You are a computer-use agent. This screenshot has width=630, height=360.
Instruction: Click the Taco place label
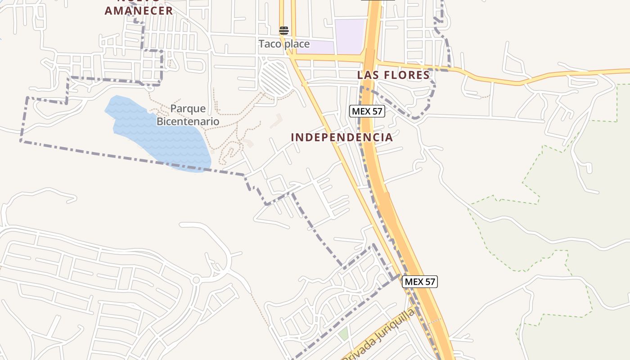(x=284, y=44)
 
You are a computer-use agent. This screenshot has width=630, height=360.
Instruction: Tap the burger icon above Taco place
(x=284, y=31)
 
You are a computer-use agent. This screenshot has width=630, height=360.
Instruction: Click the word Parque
(x=188, y=108)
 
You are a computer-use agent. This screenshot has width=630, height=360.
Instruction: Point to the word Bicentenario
(x=188, y=121)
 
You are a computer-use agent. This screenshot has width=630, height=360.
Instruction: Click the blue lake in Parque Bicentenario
(x=157, y=135)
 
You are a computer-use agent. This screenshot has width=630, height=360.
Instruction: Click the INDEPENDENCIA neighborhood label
(x=342, y=137)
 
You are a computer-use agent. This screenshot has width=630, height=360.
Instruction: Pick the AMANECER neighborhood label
(x=139, y=11)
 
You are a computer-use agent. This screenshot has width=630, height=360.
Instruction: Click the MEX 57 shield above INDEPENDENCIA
(x=367, y=111)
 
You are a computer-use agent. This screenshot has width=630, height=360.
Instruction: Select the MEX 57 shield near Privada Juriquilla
(x=420, y=282)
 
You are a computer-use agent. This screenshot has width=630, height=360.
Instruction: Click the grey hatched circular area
(x=275, y=79)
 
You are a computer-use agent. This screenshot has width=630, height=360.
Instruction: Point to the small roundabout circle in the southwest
(x=196, y=280)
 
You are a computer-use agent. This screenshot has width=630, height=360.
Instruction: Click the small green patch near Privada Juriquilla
(x=343, y=334)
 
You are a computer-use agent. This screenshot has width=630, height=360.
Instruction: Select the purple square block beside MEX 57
(x=349, y=36)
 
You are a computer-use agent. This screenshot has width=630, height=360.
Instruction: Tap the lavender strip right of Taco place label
(x=315, y=47)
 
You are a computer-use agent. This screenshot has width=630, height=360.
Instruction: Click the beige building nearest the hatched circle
(x=276, y=120)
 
